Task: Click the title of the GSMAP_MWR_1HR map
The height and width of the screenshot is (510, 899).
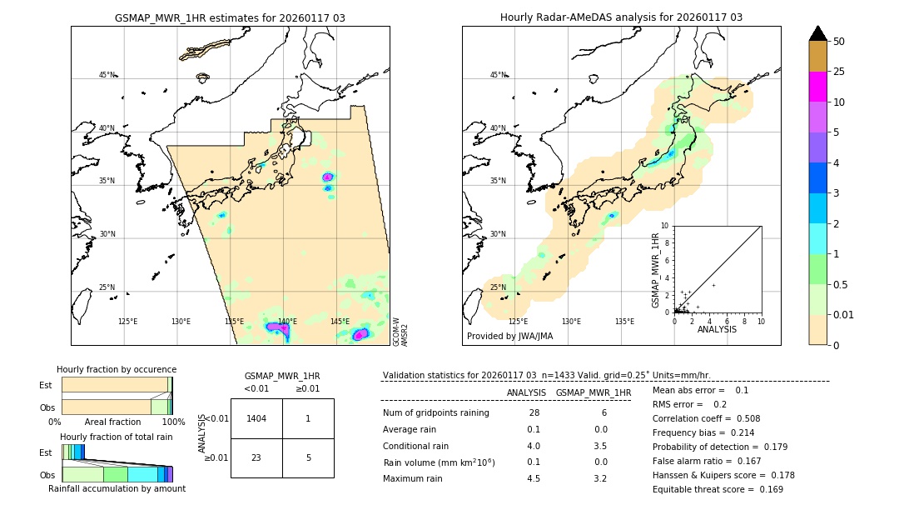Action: pyautogui.click(x=230, y=17)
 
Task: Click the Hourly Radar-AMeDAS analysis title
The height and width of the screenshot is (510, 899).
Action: pyautogui.click(x=621, y=17)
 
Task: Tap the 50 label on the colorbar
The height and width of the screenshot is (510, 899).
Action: pyautogui.click(x=839, y=41)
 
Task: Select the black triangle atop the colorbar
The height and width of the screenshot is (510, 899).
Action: pyautogui.click(x=818, y=33)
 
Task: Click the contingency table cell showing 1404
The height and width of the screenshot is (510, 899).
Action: pyautogui.click(x=256, y=418)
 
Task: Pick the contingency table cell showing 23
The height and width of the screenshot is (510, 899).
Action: pyautogui.click(x=256, y=457)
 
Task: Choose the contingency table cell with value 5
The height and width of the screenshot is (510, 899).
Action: pyautogui.click(x=308, y=457)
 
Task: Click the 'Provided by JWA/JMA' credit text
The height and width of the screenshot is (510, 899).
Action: pyautogui.click(x=509, y=337)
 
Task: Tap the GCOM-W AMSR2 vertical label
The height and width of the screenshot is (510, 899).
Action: pyautogui.click(x=400, y=331)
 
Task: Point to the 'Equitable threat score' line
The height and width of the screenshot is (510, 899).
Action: pyautogui.click(x=718, y=489)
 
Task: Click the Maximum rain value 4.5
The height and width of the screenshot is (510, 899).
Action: pyautogui.click(x=533, y=478)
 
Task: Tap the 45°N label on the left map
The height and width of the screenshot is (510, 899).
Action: pyautogui.click(x=107, y=75)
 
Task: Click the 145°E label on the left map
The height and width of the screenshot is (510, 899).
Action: pyautogui.click(x=340, y=322)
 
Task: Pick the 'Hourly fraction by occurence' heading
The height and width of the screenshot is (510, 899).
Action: pyautogui.click(x=117, y=369)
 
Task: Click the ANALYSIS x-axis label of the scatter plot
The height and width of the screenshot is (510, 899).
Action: pyautogui.click(x=717, y=329)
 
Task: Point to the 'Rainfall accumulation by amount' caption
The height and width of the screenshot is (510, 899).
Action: pyautogui.click(x=117, y=488)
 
